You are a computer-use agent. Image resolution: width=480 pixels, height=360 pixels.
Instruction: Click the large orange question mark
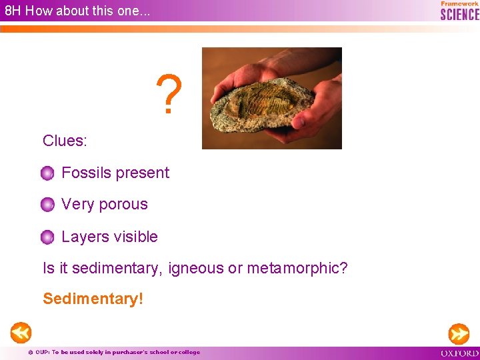point(169,95)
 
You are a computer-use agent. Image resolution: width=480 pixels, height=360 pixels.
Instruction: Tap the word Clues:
point(65,141)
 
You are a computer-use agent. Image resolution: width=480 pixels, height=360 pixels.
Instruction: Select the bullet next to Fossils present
point(47,174)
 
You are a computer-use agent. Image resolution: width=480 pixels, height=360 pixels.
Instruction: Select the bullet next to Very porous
point(47,205)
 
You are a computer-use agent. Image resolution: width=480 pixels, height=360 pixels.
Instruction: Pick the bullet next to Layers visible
point(47,237)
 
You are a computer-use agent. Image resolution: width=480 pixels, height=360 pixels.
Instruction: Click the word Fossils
point(85,173)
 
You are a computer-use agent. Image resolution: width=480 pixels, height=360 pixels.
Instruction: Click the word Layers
point(83,237)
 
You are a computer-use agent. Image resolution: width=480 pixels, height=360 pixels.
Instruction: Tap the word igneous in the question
point(196,268)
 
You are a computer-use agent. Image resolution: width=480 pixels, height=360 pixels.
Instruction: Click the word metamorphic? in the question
point(297,268)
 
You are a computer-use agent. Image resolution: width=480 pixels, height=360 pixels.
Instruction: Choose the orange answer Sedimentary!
point(93,299)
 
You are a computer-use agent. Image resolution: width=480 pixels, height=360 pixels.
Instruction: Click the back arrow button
point(20,332)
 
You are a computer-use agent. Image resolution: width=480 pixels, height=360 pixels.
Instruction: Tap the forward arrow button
point(459,333)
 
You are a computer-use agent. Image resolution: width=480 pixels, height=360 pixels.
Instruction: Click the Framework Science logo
point(459,11)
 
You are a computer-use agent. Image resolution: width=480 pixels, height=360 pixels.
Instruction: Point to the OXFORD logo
point(459,353)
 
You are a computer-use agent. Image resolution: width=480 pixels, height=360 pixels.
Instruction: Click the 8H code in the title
point(13,11)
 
